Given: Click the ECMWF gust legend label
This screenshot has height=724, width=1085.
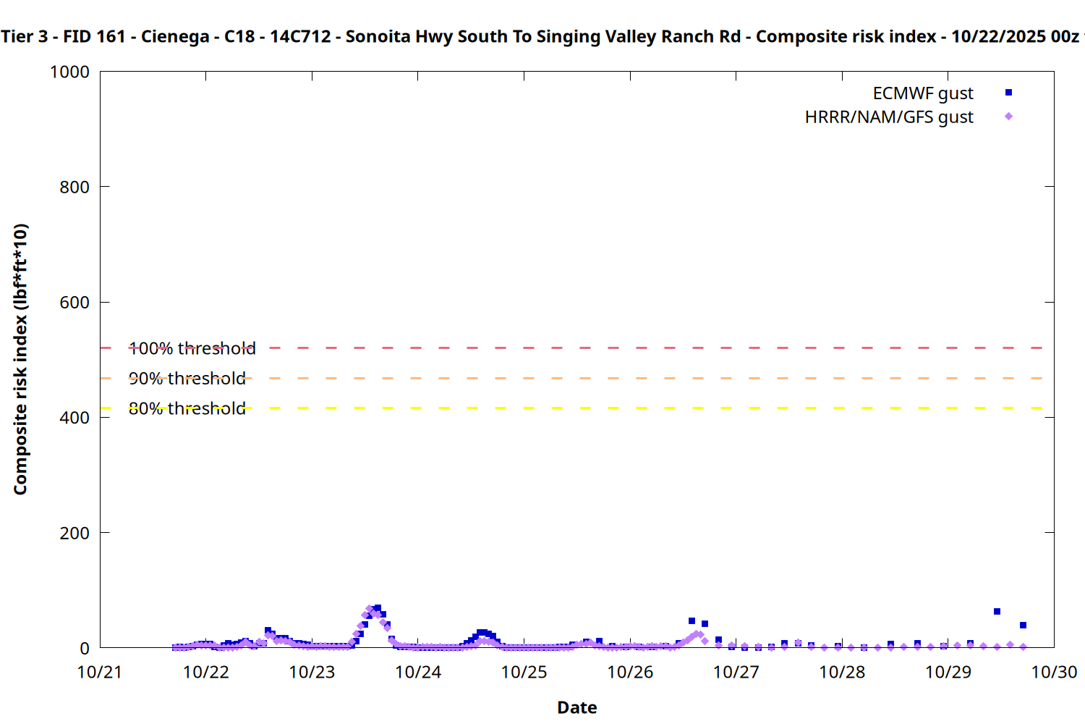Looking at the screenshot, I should (922, 93).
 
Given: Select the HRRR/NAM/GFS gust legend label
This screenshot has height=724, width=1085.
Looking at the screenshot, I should (889, 117).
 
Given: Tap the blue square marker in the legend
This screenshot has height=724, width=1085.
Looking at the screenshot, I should (1008, 93).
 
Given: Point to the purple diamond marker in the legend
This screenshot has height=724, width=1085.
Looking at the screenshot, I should (1008, 117).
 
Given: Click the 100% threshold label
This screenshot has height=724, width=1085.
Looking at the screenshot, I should (192, 349).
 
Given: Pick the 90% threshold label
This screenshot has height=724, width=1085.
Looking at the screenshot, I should (187, 379).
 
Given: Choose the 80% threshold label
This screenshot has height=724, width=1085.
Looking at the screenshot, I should (187, 409).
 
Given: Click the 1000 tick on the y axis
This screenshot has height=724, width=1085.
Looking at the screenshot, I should (69, 72).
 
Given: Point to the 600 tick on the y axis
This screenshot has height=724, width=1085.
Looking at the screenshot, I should (75, 303).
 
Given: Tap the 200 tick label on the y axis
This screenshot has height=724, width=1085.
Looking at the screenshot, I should (75, 534).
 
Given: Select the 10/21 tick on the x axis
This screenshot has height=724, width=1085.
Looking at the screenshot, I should (100, 673).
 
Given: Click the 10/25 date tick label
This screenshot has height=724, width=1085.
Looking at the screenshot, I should (524, 673).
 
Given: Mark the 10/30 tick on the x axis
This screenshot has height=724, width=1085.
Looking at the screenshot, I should (1054, 673).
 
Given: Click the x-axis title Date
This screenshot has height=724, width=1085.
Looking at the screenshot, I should (577, 708).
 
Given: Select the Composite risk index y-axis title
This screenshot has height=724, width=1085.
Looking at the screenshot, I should (21, 359).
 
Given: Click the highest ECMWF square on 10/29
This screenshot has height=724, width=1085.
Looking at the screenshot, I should (997, 612).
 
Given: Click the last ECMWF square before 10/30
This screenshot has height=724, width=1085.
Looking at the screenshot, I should (1023, 626).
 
